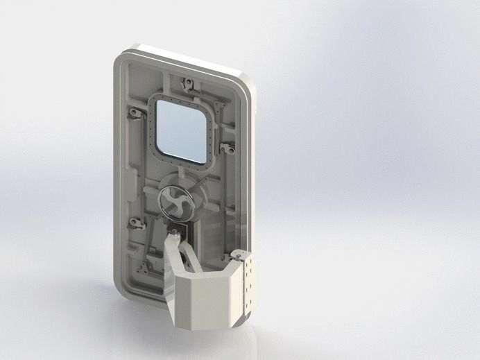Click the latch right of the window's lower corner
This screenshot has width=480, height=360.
(226, 148)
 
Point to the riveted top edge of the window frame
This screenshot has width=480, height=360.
(182, 98)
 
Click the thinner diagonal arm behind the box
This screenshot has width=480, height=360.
(190, 257)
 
